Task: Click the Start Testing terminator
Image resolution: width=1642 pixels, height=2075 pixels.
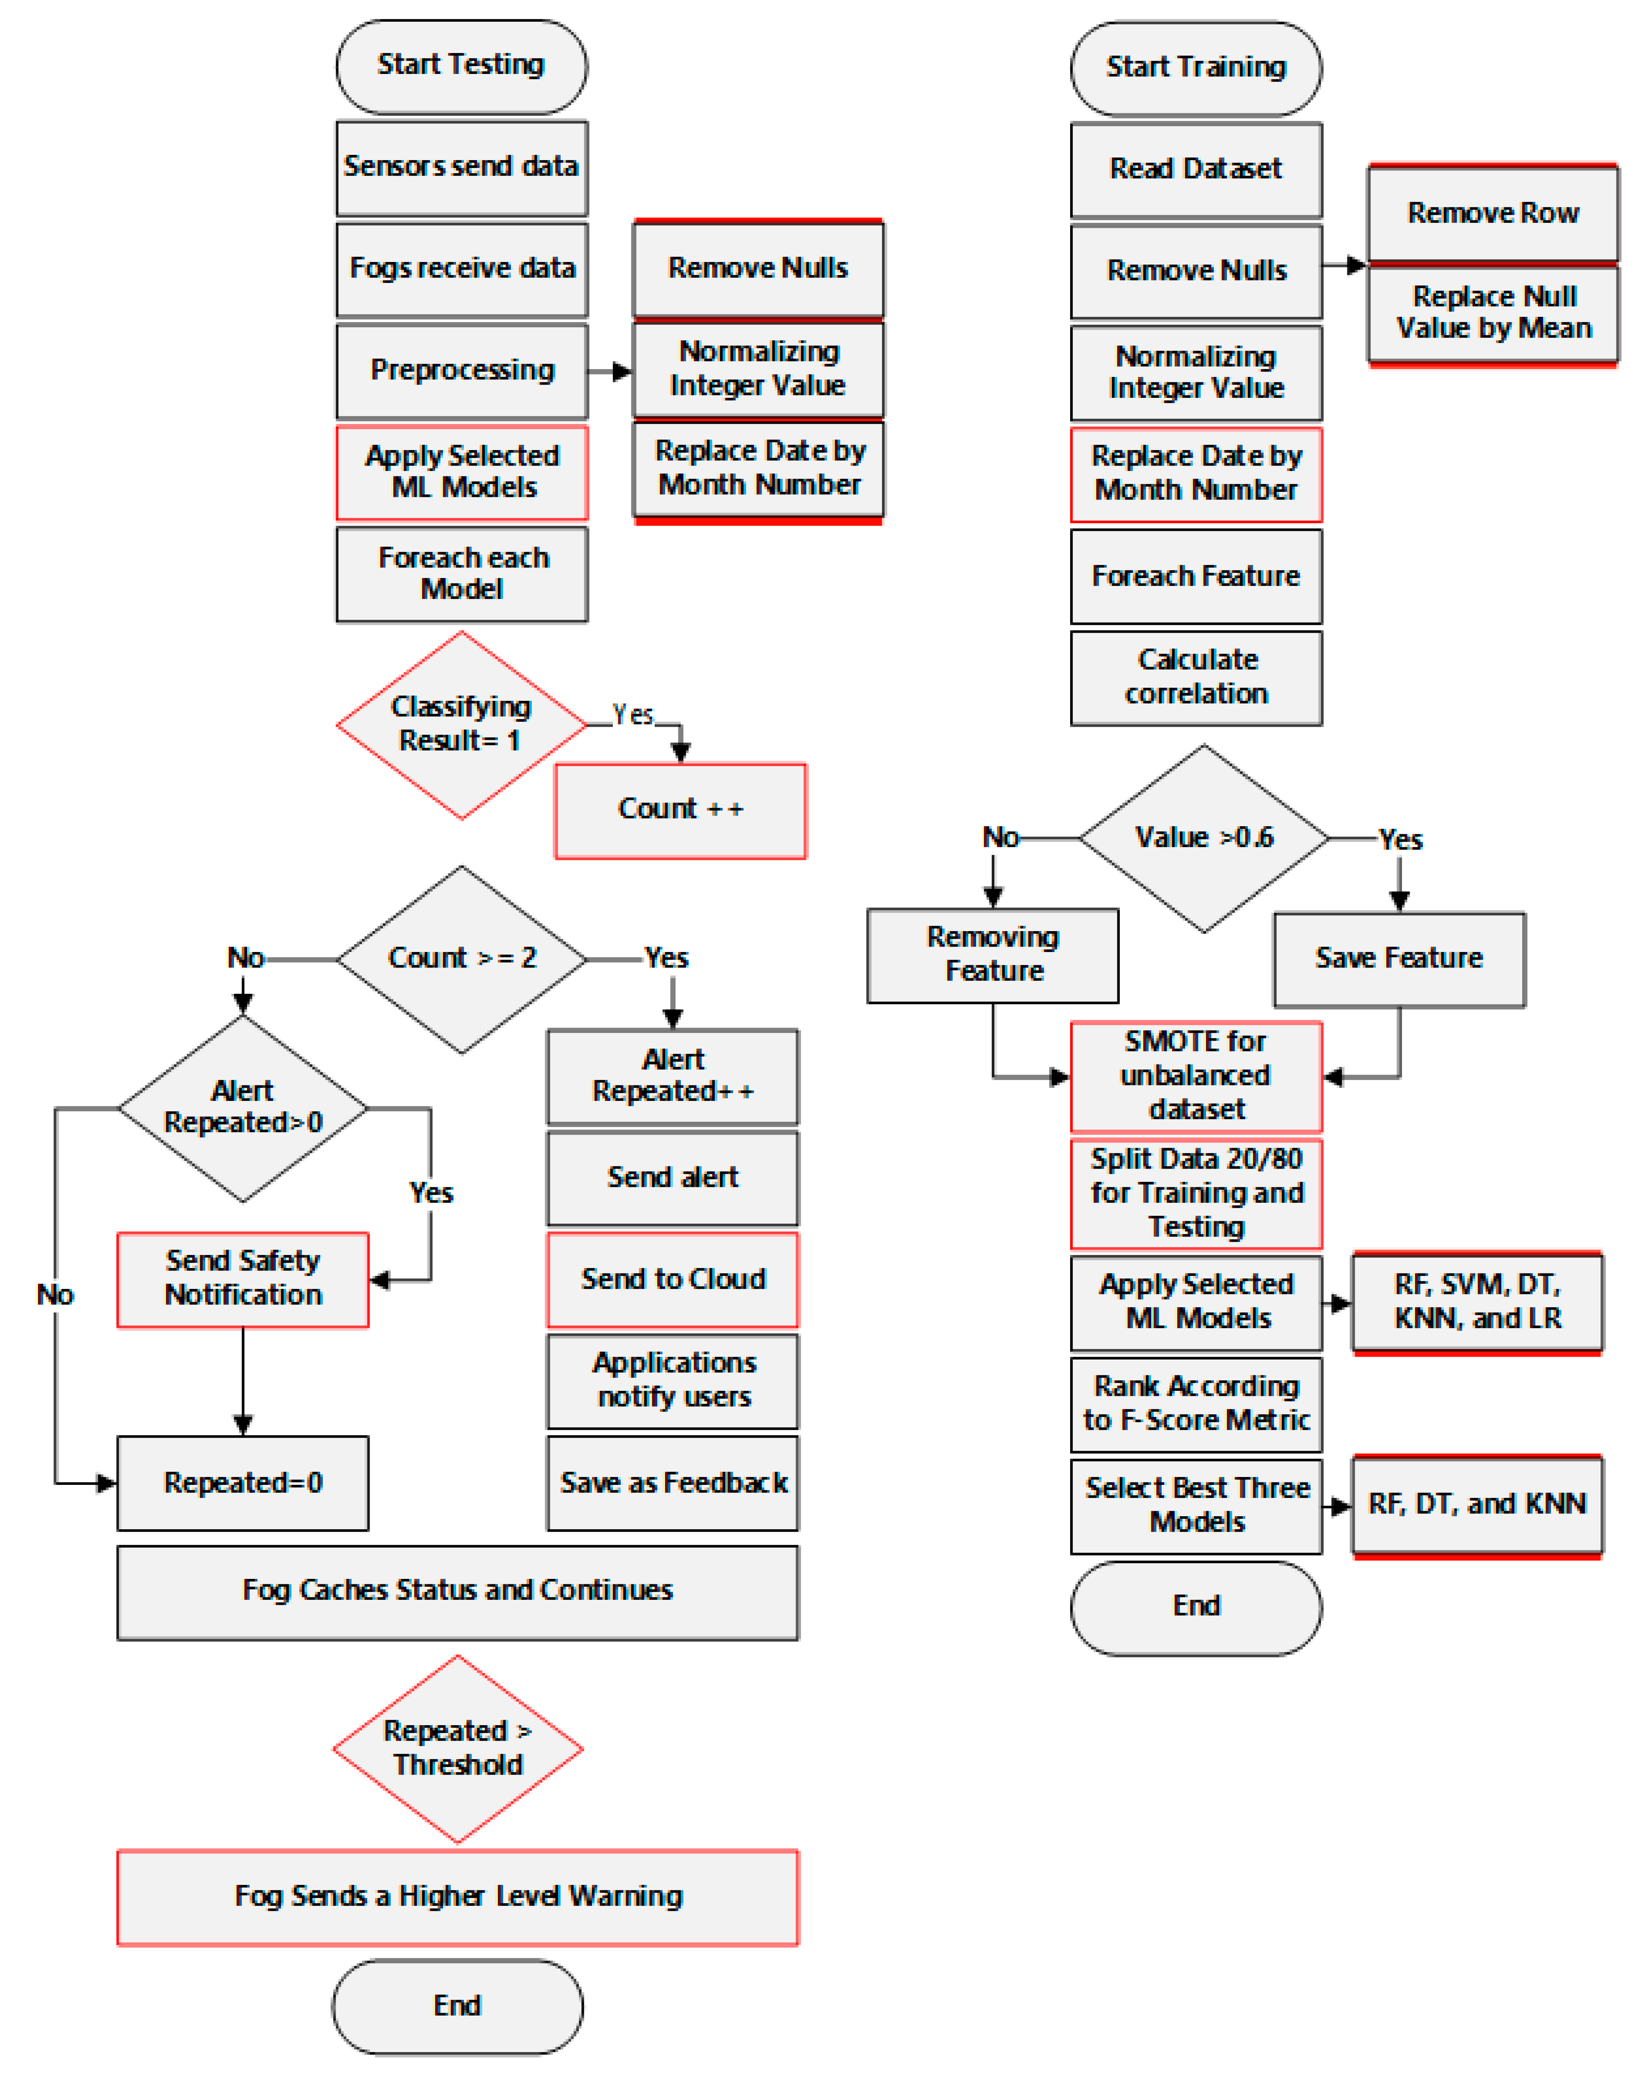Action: [461, 65]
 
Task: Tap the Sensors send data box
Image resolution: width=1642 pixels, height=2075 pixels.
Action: [461, 167]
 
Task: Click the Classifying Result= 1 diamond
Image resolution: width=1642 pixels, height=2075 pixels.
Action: [461, 725]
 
